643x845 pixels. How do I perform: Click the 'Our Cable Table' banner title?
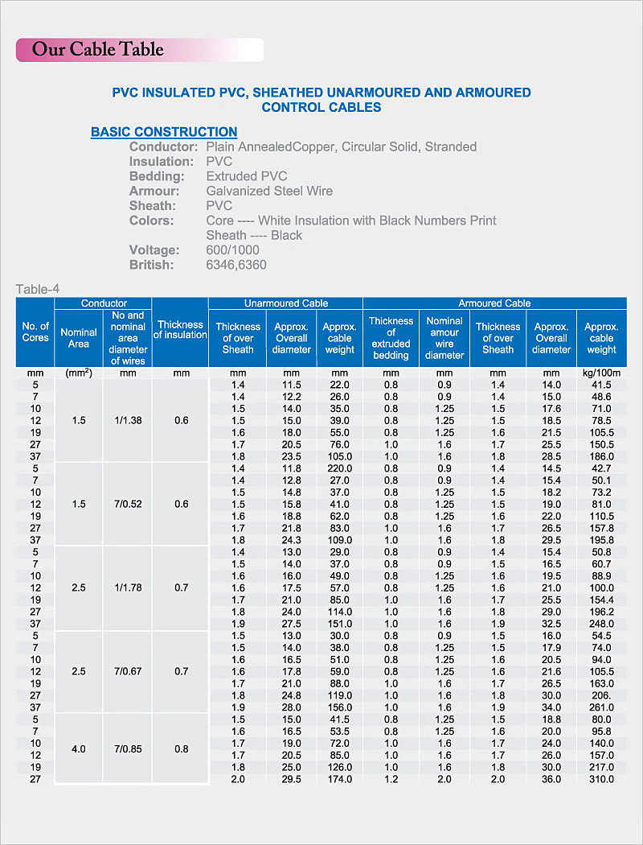[x=97, y=49]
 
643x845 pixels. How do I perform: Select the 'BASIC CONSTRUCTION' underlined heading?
[x=164, y=132]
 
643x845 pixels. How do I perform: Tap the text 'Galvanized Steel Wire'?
[x=269, y=191]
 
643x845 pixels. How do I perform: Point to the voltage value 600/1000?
[x=232, y=250]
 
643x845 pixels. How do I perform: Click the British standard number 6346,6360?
[x=236, y=265]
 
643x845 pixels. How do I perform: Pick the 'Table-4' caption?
[x=38, y=290]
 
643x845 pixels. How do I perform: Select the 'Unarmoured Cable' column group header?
[x=286, y=303]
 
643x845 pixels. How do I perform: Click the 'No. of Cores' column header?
[x=35, y=332]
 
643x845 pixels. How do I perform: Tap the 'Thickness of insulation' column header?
[x=180, y=330]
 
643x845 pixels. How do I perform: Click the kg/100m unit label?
[x=601, y=373]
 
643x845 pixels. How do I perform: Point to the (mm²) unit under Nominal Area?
[x=79, y=373]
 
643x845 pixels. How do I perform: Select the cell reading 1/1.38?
[x=128, y=421]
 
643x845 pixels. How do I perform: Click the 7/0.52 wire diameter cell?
[x=128, y=504]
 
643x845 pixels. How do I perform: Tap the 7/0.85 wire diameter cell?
[x=128, y=748]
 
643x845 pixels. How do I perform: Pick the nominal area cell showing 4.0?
[x=79, y=748]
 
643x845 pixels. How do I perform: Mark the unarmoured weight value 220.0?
[x=340, y=468]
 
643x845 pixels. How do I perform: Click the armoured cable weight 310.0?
[x=601, y=779]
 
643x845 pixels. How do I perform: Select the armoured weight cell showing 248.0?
[x=601, y=624]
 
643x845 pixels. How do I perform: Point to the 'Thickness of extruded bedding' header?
[x=391, y=338]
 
